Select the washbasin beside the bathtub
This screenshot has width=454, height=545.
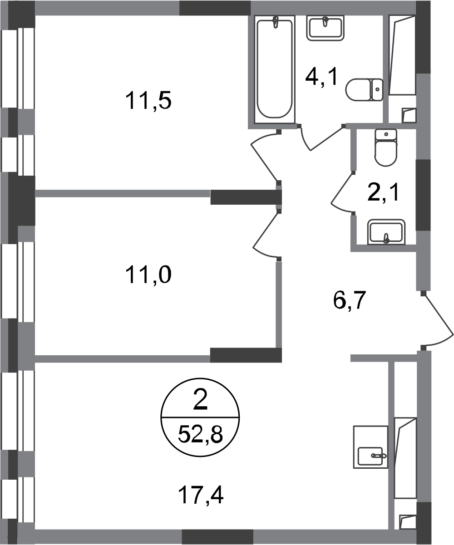[325, 29]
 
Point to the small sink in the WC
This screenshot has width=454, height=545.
[386, 231]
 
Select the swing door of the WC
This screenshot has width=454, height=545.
[343, 193]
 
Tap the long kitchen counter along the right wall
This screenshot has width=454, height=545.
[405, 458]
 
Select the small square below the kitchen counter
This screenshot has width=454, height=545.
[407, 522]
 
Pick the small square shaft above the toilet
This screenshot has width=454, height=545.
[408, 114]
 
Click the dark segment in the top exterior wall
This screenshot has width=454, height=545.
[215, 8]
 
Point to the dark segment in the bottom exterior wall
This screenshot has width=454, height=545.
[217, 536]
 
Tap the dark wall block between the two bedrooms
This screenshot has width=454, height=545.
[245, 198]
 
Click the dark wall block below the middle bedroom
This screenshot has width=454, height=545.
[246, 354]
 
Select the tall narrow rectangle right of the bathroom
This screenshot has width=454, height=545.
[402, 57]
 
